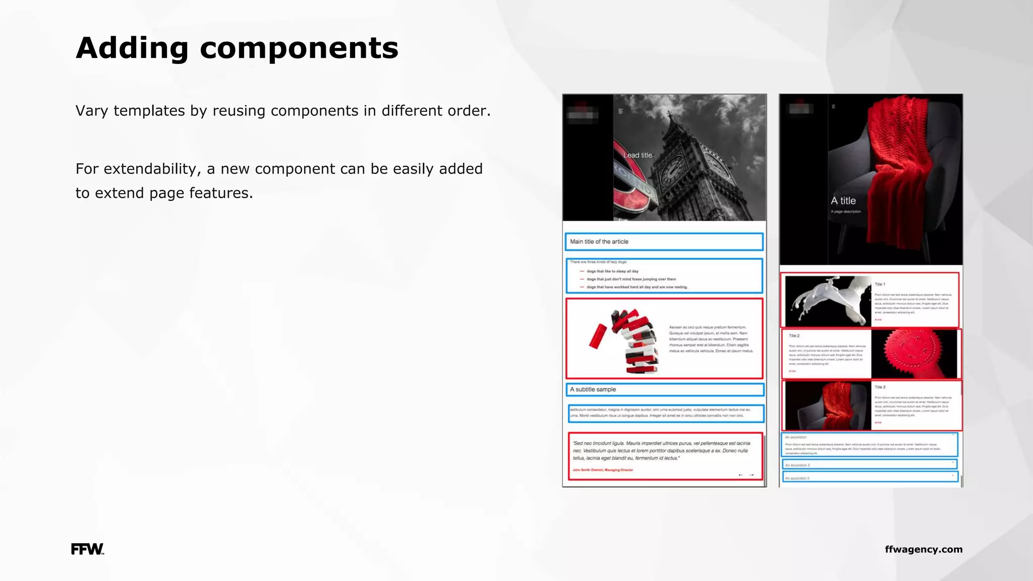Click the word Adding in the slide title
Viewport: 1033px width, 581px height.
click(x=132, y=48)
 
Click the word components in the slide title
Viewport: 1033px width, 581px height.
click(x=299, y=48)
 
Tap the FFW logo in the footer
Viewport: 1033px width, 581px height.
click(x=87, y=549)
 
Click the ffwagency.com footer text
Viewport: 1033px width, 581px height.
click(x=923, y=549)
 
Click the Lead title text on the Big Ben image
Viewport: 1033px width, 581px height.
click(x=638, y=155)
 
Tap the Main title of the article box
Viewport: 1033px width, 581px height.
click(x=664, y=242)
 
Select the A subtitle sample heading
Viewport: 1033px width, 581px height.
click(x=593, y=389)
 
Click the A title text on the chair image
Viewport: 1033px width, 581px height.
click(x=843, y=201)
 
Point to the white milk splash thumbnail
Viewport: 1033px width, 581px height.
click(x=828, y=301)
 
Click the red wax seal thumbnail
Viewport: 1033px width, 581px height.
click(x=913, y=354)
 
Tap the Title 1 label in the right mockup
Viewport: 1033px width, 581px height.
click(x=880, y=284)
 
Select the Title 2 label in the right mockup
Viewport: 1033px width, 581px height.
click(x=794, y=336)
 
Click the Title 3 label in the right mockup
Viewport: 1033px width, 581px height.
click(x=880, y=387)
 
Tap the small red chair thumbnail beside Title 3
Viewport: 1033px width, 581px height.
click(x=828, y=405)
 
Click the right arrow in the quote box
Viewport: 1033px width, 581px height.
click(x=752, y=475)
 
